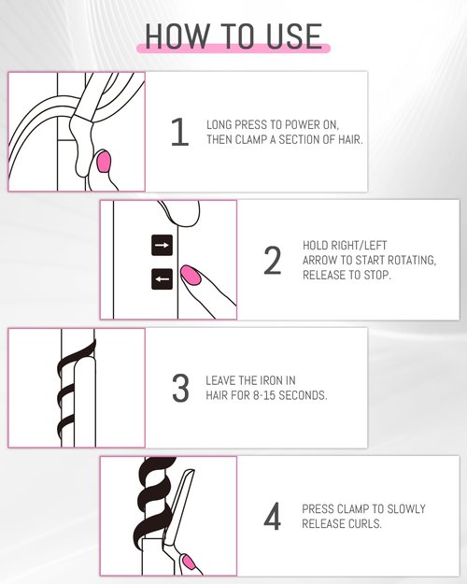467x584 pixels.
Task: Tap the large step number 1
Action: [x=179, y=133]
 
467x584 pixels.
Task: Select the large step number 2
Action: [x=272, y=261]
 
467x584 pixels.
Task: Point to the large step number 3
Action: [x=180, y=389]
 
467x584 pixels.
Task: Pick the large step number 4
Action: [x=272, y=517]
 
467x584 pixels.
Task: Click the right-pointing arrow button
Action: [x=162, y=246]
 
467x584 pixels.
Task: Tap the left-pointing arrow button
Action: [x=162, y=278]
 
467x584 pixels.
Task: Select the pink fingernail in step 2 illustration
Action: [x=191, y=275]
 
